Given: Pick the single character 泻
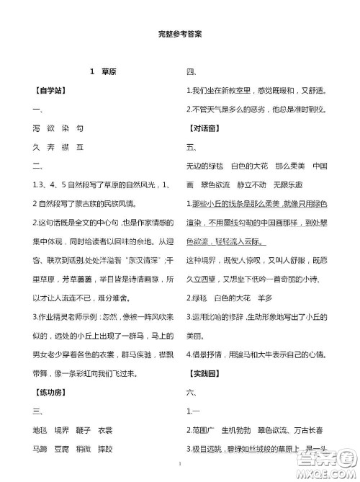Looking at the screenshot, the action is pos(37,128).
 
